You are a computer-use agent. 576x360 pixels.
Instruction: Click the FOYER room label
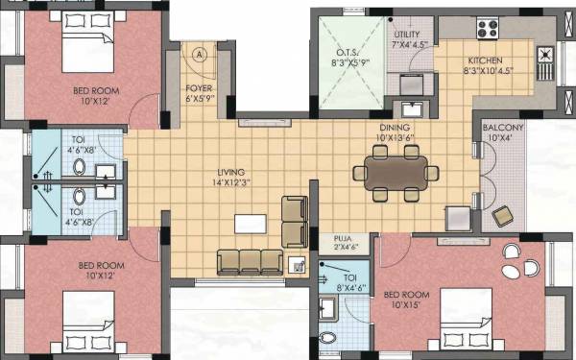199,93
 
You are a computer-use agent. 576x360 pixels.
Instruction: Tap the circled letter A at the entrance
199,55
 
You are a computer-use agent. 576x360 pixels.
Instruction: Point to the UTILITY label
408,39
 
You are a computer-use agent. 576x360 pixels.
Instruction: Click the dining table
395,174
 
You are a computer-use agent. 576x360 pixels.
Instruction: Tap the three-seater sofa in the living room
251,261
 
